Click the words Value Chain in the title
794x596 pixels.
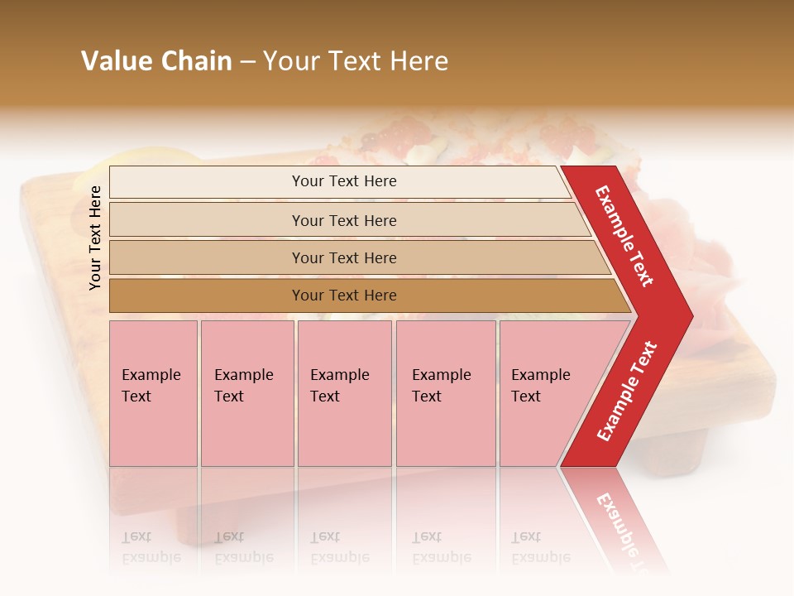pos(156,61)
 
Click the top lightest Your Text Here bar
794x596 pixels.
pos(344,181)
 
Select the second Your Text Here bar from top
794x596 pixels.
pos(344,220)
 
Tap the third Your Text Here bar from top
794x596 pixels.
pos(344,257)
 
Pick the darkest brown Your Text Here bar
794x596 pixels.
pos(344,296)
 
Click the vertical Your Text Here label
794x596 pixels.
pos(95,238)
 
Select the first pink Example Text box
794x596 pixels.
pos(153,393)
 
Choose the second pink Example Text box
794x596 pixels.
pos(246,393)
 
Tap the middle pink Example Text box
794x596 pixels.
pos(344,393)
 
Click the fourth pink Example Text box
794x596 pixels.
pos(446,393)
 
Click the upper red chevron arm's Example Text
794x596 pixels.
pos(624,236)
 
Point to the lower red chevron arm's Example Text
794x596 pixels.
pos(626,392)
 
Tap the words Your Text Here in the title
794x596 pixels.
pos(356,61)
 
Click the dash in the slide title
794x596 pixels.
pos(247,63)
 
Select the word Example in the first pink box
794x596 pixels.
pos(151,375)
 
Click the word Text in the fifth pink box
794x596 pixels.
pos(526,397)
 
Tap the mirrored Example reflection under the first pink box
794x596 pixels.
pos(151,557)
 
